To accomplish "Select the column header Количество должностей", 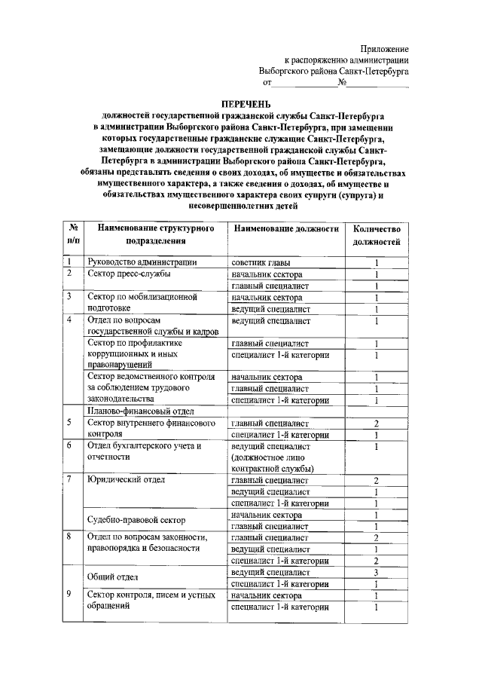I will pyautogui.click(x=377, y=234).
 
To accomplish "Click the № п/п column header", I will pyautogui.click(x=73, y=234).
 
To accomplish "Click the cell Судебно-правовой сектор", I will pyautogui.click(x=134, y=520).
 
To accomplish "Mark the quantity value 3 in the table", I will pyautogui.click(x=376, y=572).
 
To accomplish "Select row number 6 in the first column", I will pyautogui.click(x=69, y=445).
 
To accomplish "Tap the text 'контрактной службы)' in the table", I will pyautogui.click(x=273, y=468).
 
